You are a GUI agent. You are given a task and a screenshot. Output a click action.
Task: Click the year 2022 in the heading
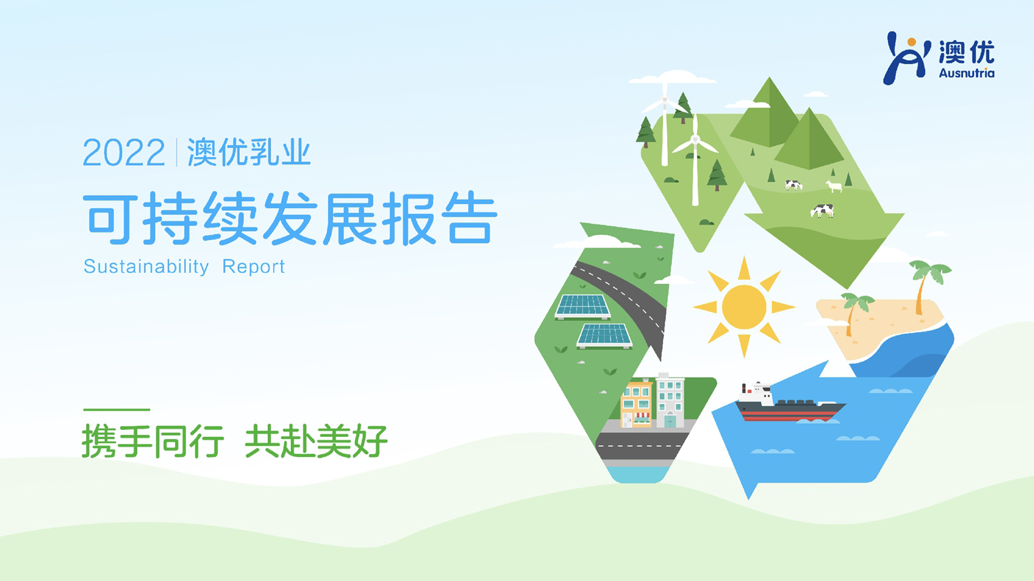click(x=123, y=152)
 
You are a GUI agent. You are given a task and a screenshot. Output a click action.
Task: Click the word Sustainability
click(x=146, y=267)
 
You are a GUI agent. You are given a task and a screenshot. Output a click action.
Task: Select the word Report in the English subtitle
click(x=254, y=267)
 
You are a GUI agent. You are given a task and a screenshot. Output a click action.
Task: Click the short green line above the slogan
click(x=116, y=409)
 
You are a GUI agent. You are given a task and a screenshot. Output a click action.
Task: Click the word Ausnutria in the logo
click(x=966, y=73)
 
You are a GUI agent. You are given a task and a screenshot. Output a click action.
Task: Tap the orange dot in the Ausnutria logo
click(x=911, y=43)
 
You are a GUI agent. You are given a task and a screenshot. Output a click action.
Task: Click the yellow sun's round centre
click(x=744, y=307)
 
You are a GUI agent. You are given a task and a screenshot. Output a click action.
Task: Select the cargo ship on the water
click(x=790, y=402)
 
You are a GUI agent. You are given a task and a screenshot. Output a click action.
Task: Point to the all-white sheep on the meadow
click(x=833, y=187)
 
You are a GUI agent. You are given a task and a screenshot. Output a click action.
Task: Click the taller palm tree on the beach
click(x=928, y=287)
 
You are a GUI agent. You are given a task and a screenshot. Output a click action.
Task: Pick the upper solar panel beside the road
click(x=582, y=307)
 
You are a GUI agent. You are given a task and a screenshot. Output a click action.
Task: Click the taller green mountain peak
click(x=768, y=113)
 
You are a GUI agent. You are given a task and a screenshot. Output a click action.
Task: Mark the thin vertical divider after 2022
click(x=176, y=152)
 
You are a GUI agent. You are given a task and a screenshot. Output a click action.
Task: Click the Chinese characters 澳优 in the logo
click(x=966, y=52)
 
